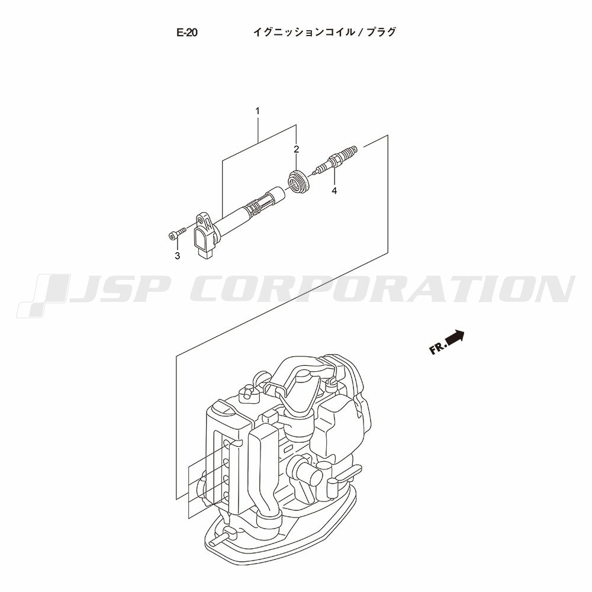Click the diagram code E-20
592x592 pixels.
point(187,33)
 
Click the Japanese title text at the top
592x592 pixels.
point(324,32)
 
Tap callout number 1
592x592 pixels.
point(258,111)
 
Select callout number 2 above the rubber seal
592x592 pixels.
point(297,149)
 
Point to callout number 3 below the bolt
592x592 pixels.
point(177,256)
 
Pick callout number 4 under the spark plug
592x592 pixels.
point(334,191)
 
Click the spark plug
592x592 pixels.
point(334,160)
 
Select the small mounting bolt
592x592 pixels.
point(176,233)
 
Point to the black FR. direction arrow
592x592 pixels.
point(455,337)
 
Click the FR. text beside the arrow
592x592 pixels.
point(437,348)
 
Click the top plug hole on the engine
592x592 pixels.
point(229,443)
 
